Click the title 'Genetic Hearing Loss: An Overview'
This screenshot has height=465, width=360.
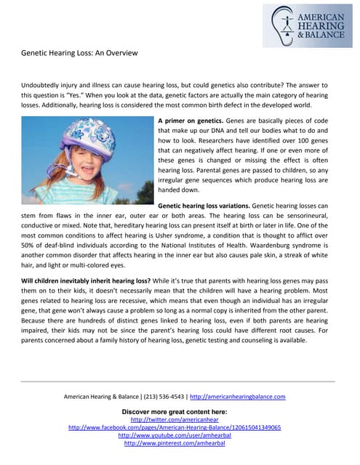[79, 53]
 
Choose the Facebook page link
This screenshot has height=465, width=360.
[175, 428]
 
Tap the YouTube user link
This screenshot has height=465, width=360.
[175, 435]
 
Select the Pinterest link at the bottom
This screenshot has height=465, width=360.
[175, 443]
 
